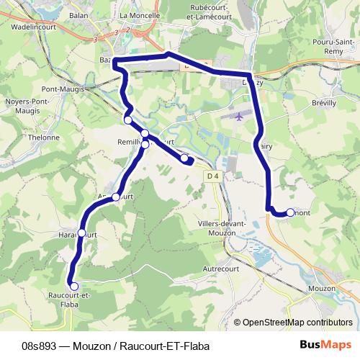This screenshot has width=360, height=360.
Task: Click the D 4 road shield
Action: click(212, 176)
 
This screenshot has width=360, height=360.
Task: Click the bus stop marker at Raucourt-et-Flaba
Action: click(74, 287)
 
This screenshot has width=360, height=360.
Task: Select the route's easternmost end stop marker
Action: click(290, 212)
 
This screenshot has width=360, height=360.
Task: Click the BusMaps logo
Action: click(325, 345)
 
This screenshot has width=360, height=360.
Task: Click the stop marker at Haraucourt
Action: click(81, 233)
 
